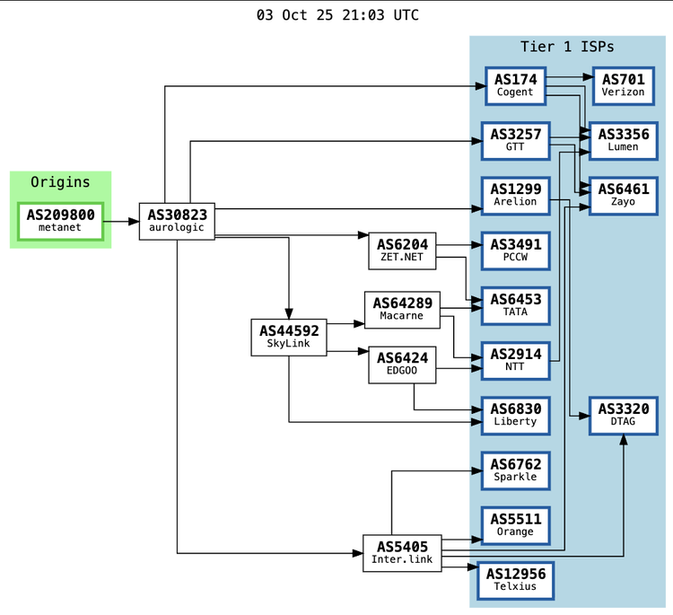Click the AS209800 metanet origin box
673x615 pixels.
point(60,221)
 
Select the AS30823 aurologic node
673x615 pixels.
point(177,221)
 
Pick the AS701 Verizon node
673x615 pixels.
point(623,85)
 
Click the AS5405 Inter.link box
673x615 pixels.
point(402,553)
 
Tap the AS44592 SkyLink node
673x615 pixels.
point(289,337)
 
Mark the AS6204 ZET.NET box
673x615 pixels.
point(402,250)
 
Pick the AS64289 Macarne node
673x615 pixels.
point(402,309)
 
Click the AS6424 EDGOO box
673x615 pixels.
point(402,365)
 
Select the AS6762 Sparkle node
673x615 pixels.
point(515,470)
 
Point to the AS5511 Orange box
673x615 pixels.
point(515,525)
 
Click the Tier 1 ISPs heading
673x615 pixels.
point(567,47)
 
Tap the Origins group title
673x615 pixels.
point(60,182)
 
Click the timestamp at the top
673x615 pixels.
point(336,15)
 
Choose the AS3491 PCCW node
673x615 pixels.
point(515,250)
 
